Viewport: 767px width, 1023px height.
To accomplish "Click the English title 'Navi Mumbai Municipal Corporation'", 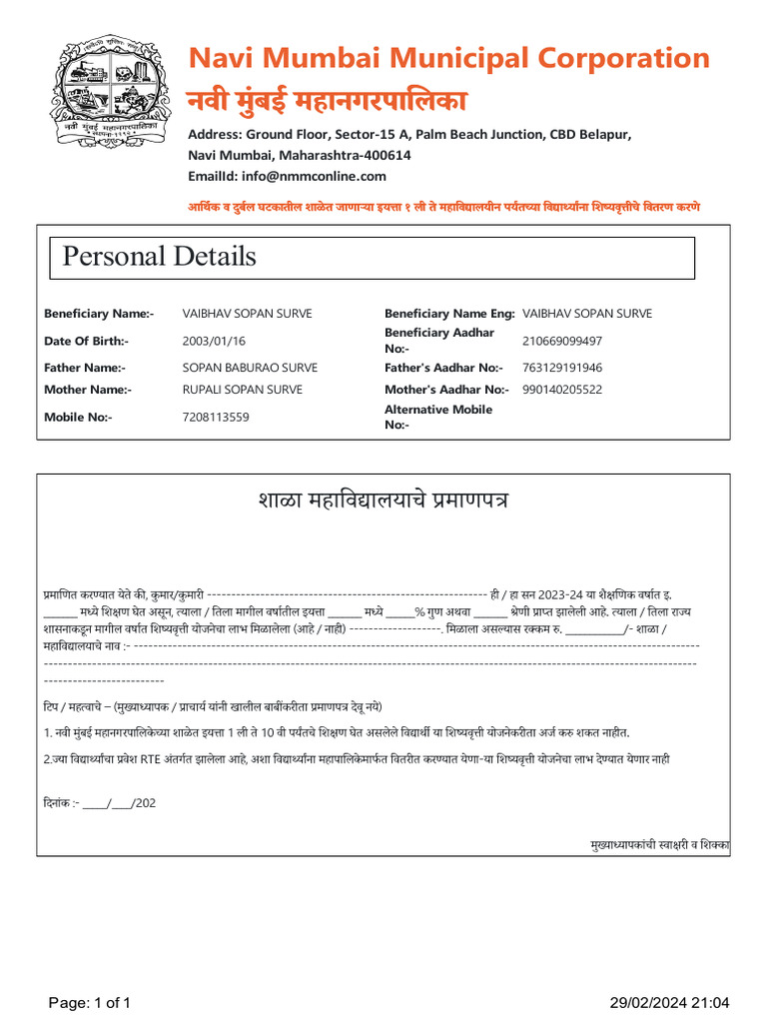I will pos(448,58).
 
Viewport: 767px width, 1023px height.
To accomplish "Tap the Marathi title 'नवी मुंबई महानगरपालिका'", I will pos(328,101).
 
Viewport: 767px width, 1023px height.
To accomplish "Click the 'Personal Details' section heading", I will pos(159,257).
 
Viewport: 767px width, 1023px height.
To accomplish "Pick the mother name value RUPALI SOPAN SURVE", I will pos(242,390).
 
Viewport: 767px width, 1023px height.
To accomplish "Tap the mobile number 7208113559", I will pos(216,417).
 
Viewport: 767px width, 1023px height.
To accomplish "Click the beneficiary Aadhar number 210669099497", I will pos(562,341).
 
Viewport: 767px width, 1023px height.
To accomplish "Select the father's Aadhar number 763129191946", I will pos(562,368).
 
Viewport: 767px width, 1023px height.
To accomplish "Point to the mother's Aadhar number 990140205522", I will pos(562,390).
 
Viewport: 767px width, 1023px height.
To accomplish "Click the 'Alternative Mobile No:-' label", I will pos(438,417).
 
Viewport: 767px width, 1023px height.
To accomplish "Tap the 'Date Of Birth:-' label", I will pos(86,341).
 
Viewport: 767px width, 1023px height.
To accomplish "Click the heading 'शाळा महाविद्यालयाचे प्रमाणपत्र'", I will pos(383,500).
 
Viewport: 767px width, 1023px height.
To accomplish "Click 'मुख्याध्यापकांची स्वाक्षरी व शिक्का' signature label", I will pos(659,845).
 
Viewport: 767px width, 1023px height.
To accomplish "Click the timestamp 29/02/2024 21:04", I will pos(670,1002).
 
